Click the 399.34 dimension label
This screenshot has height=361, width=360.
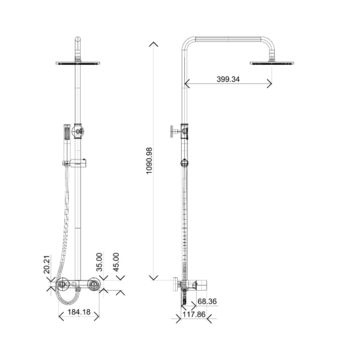[227, 79]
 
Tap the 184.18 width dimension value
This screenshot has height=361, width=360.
[79, 312]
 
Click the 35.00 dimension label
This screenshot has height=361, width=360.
[100, 262]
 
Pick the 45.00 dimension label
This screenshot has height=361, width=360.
[115, 262]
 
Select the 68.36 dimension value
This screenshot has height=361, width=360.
[208, 302]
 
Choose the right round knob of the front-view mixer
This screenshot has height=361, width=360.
[96, 286]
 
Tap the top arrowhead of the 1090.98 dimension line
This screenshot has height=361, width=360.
[153, 44]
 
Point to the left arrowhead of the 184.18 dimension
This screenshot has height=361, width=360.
[61, 316]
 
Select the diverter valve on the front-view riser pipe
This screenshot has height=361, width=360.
[79, 132]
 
